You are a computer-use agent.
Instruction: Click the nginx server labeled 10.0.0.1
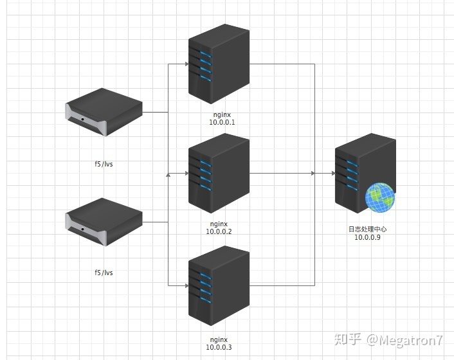click(x=218, y=64)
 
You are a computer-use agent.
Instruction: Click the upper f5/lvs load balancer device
click(x=104, y=113)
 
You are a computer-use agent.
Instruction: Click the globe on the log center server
click(x=380, y=198)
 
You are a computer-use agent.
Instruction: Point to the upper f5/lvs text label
click(x=104, y=164)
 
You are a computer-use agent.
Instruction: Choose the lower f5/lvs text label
click(x=104, y=273)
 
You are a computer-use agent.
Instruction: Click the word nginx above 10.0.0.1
click(x=222, y=114)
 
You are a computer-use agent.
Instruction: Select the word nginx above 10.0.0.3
click(x=219, y=339)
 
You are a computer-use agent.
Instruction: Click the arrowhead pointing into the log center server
click(x=330, y=174)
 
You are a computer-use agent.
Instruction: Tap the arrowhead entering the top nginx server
click(x=184, y=64)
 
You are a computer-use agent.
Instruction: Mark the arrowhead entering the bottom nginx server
click(x=184, y=284)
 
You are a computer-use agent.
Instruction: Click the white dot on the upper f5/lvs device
click(x=82, y=120)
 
